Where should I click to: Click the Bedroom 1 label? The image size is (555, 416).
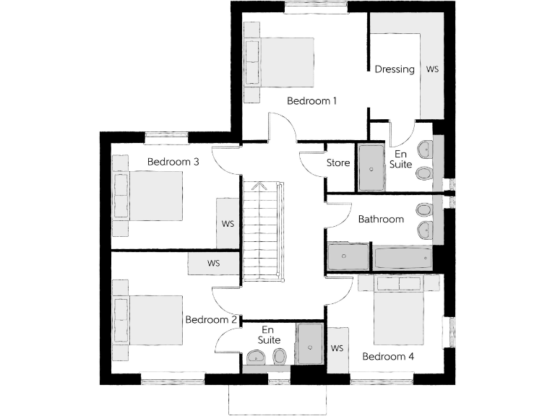pos(311,101)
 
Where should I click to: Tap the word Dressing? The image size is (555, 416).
pos(395,69)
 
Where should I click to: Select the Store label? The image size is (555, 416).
pos(338,163)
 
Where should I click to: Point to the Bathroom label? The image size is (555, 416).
pos(381,220)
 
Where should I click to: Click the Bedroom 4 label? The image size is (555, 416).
pos(388,357)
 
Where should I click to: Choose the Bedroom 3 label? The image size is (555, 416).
pos(173,162)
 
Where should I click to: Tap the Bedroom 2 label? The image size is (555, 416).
pos(211,320)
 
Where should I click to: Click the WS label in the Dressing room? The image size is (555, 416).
pos(432,69)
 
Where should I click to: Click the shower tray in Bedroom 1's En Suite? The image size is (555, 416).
pos(372,167)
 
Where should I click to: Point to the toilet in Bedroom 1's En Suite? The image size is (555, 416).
pos(424,173)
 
